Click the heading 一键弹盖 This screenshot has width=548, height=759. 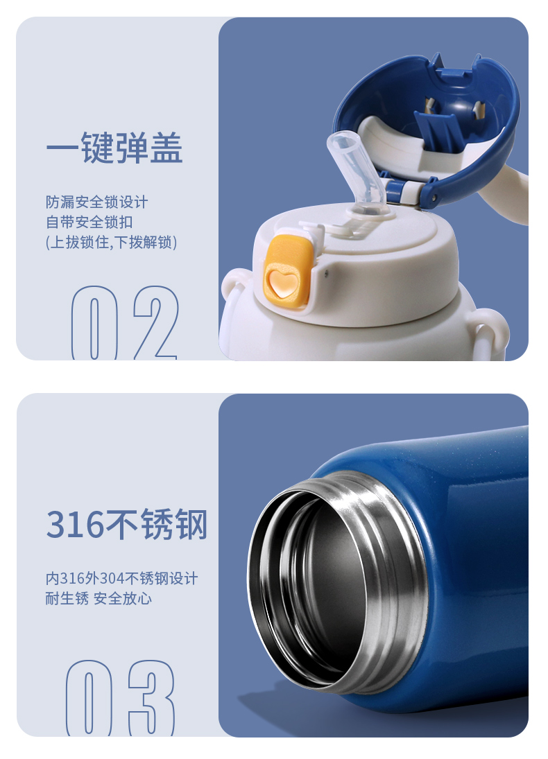pos(115,148)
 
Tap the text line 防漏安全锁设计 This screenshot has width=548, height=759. pos(97,202)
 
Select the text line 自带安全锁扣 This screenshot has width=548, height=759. pos(89,223)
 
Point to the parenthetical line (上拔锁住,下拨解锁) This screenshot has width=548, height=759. pos(112,242)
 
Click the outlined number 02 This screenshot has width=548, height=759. pos(125,322)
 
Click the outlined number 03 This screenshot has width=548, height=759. pos(120,698)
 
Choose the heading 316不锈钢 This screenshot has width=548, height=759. pos(127,524)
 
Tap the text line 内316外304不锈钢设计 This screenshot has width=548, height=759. pos(121,579)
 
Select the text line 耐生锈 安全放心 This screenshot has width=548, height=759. pos(99,599)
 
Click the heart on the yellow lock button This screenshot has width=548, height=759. pos(281,283)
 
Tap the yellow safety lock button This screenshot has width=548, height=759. pos(287,272)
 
